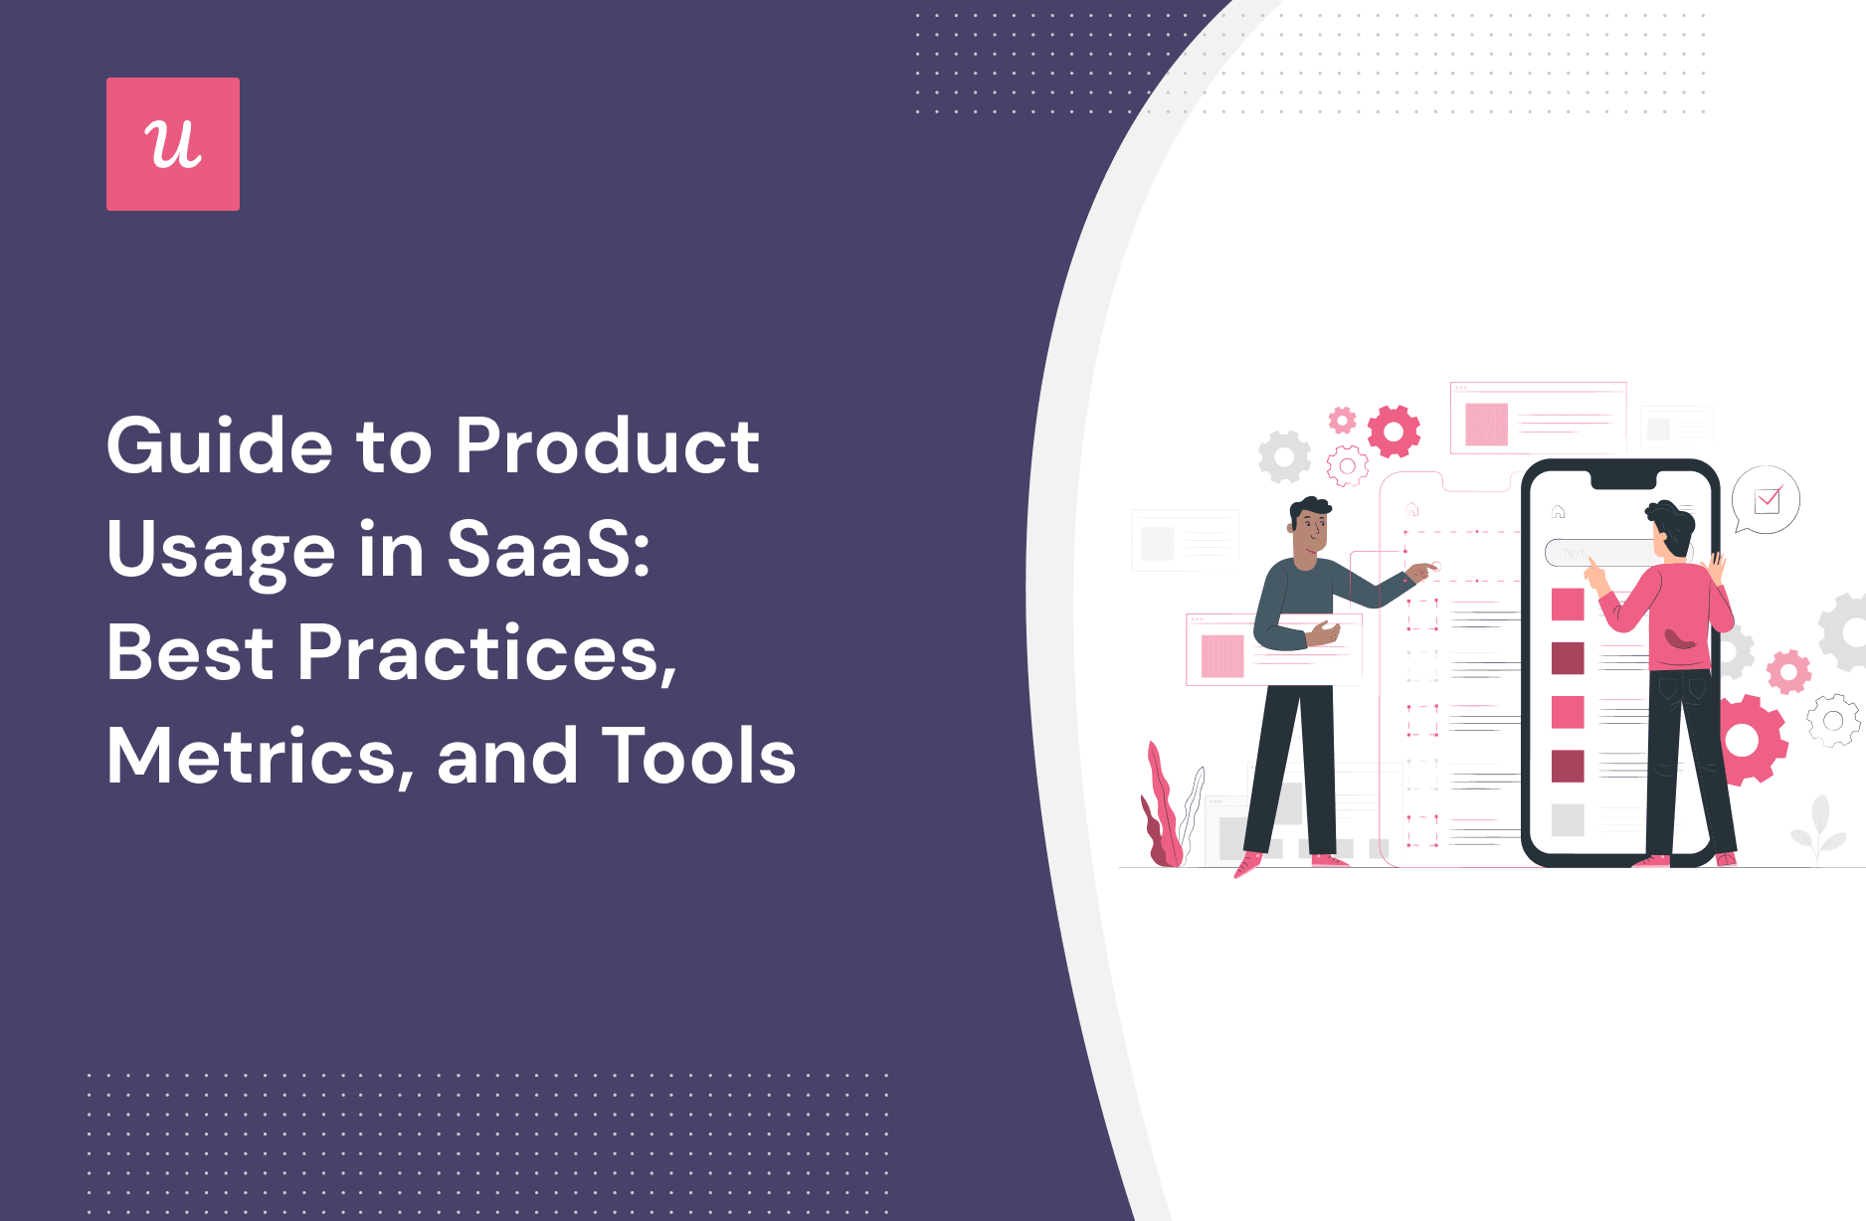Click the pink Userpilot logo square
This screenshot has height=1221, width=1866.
173,144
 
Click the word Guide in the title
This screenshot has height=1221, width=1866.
220,446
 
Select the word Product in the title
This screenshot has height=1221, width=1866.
607,446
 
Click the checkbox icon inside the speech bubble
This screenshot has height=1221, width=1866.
1768,499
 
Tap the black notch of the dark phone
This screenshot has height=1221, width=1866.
1623,480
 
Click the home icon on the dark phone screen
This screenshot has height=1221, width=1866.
1559,512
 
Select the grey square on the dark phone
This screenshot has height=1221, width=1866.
1568,820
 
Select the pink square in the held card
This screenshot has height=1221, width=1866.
1222,656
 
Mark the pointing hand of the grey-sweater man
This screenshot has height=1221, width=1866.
1422,571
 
